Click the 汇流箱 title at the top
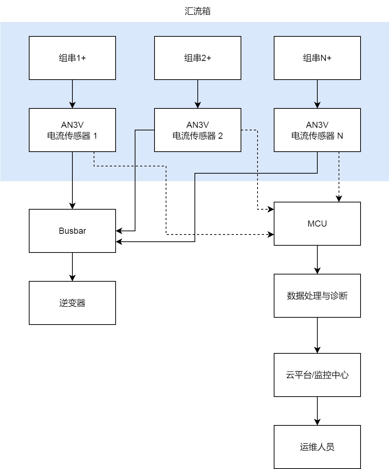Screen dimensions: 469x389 [197, 11]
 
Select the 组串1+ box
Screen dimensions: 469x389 [72, 58]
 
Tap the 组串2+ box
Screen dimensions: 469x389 [198, 58]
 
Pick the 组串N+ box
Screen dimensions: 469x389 [317, 58]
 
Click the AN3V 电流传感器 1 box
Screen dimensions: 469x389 [72, 130]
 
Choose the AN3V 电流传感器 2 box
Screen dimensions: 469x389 [198, 130]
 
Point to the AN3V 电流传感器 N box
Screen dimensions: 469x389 [317, 130]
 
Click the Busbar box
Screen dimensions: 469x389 [72, 231]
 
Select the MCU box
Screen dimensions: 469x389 [317, 224]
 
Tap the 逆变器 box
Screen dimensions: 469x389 [72, 303]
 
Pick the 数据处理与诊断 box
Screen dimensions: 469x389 [317, 296]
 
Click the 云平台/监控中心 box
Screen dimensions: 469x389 [317, 375]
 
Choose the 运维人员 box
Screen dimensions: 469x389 [317, 447]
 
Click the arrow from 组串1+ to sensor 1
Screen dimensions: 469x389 [72, 94]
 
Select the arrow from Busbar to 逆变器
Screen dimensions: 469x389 [72, 267]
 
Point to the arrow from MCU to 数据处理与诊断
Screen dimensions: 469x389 [317, 259]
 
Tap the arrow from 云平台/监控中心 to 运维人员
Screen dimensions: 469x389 [317, 411]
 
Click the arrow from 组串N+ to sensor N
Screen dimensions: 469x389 [317, 94]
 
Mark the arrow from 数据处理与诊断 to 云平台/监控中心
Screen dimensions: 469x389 [317, 335]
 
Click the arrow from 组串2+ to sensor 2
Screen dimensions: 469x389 [198, 94]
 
